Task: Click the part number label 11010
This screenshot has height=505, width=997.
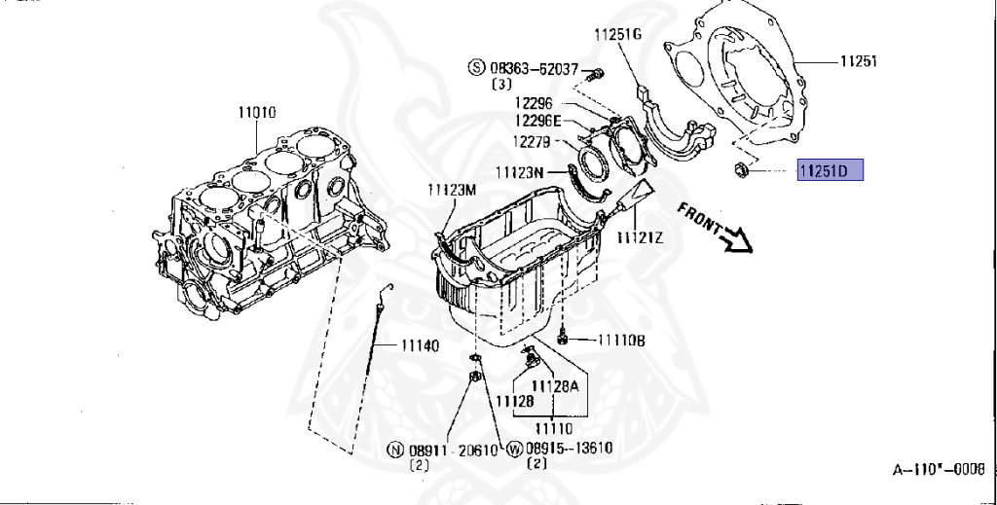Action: coord(256,112)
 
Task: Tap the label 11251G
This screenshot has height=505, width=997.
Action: coord(619,34)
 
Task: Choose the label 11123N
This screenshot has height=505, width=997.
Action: coord(517,172)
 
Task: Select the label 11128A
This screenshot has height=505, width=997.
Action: coord(560,385)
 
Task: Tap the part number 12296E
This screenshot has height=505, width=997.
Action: coord(538,121)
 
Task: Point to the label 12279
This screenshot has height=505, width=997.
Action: coord(534,141)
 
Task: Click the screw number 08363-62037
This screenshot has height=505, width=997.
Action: coord(535,70)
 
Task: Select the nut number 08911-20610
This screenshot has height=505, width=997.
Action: coord(454,451)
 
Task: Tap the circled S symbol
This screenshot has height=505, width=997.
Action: coord(476,69)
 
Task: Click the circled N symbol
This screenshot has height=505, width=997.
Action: coord(394,451)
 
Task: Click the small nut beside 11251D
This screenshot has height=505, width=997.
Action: coord(740,173)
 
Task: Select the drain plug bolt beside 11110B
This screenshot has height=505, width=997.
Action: coord(565,339)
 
